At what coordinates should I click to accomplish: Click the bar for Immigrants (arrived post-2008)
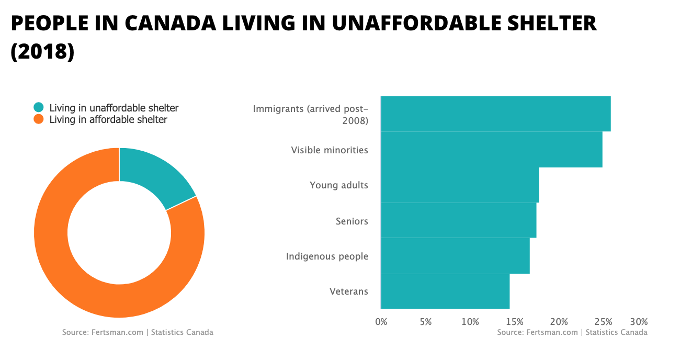pos(495,114)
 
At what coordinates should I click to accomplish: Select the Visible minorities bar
pos(491,150)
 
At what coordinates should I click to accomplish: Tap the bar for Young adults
pos(459,185)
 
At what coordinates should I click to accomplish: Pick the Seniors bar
pos(458,220)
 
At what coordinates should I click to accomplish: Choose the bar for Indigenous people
pos(455,256)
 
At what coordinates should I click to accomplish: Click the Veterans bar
pos(445,291)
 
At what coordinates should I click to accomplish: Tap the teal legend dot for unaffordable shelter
pos(39,108)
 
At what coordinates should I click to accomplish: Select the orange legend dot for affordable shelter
pos(39,119)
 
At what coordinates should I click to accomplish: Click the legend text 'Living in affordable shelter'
pos(108,120)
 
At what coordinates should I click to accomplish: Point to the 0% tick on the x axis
pos(381,321)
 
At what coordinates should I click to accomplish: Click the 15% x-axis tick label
pos(515,321)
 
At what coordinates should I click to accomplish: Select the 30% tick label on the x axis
pos(639,321)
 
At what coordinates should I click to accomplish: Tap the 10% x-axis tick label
pos(470,321)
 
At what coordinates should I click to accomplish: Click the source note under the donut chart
pos(138,332)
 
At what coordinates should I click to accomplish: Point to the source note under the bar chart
pos(572,332)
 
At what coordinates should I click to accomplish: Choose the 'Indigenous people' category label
pos(327,256)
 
